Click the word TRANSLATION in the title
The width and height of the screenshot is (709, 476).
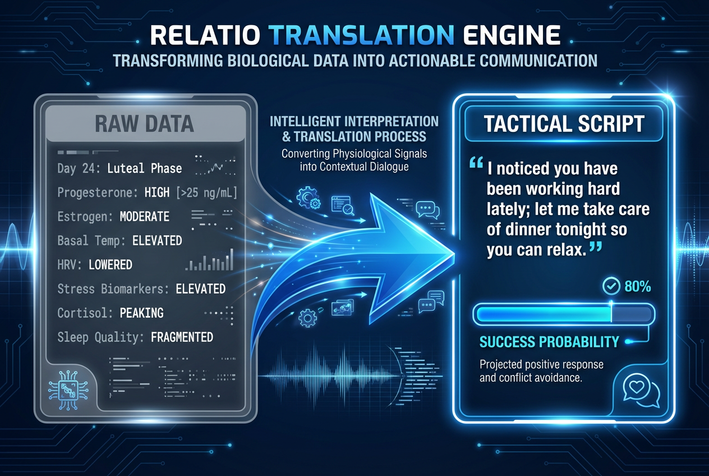click(361, 35)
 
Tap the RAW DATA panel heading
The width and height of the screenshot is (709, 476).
click(144, 123)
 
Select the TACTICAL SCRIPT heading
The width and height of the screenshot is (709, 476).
click(564, 123)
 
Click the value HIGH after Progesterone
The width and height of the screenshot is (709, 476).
click(156, 193)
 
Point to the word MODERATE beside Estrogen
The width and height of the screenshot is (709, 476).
click(145, 217)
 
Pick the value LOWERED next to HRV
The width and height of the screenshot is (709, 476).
click(111, 264)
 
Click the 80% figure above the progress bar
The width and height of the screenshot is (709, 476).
click(637, 287)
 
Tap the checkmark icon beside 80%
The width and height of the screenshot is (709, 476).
click(610, 287)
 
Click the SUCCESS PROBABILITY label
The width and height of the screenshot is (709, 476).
click(549, 341)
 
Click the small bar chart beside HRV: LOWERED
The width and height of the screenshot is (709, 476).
click(209, 262)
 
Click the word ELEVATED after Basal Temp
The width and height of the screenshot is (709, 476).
click(157, 241)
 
